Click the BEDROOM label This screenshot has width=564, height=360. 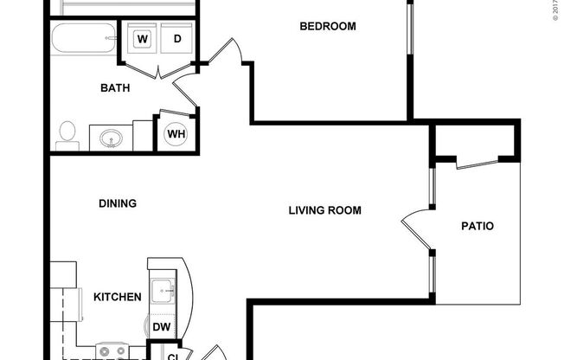[x=328, y=26]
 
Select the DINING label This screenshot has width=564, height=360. [x=118, y=204]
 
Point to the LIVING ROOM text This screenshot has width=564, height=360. [x=324, y=210]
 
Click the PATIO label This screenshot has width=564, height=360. [x=477, y=227]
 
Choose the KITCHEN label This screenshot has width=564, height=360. [x=118, y=297]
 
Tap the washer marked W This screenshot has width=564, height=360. [x=142, y=39]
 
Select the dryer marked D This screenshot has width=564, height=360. [x=176, y=39]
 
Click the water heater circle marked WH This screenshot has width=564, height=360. [x=176, y=134]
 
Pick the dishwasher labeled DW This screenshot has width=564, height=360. [x=161, y=327]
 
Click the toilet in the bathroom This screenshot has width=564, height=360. [x=66, y=134]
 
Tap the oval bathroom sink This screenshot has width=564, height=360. [x=110, y=138]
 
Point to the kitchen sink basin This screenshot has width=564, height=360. [x=161, y=290]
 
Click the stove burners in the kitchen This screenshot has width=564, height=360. [x=111, y=351]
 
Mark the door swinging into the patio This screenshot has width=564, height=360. [x=413, y=227]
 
